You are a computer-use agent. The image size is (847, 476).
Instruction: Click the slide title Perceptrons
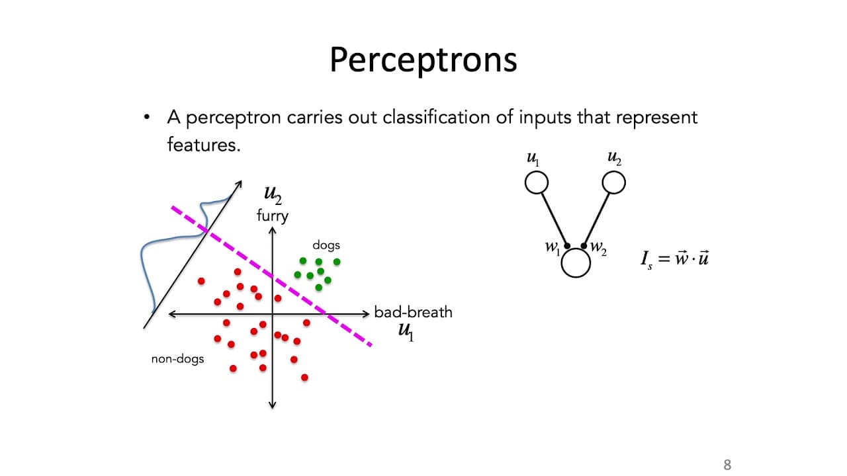[423, 59]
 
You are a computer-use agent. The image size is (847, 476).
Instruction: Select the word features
[204, 145]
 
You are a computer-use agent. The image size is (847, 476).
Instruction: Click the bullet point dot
[147, 117]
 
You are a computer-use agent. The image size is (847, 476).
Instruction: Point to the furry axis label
[272, 216]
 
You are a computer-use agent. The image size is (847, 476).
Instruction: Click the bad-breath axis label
[413, 313]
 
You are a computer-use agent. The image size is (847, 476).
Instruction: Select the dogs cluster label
[326, 245]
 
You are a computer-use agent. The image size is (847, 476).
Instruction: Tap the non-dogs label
[177, 358]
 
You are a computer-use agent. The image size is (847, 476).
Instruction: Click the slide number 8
[727, 465]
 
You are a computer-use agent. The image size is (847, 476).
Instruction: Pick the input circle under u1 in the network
[537, 182]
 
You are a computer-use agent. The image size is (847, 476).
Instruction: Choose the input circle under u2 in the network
[613, 182]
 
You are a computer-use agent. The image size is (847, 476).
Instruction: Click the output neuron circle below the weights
[576, 263]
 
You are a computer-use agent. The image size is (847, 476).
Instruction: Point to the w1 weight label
[553, 247]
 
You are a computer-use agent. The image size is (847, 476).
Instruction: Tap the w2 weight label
[598, 247]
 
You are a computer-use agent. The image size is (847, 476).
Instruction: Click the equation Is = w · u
[674, 258]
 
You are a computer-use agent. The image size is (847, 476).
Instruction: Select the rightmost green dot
[337, 261]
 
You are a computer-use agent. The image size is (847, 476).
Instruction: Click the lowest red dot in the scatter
[304, 377]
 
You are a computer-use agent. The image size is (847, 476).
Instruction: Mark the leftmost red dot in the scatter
[201, 281]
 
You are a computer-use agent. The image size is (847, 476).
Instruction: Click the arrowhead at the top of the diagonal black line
[240, 182]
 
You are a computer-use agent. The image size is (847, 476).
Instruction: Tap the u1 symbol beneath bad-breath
[406, 331]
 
